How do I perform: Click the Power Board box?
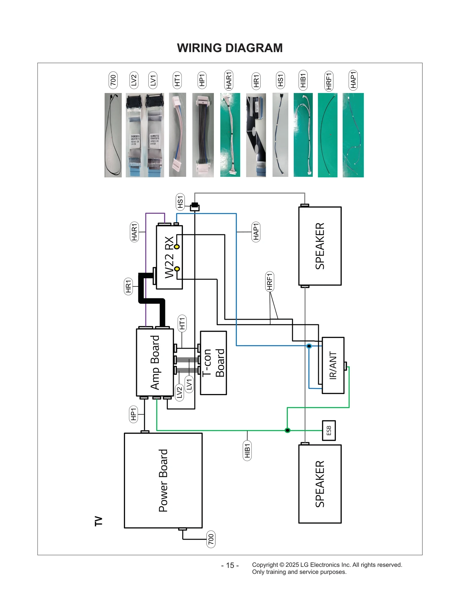(163, 480)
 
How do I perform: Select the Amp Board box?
(155, 362)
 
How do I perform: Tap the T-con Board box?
(213, 363)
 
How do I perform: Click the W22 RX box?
(169, 257)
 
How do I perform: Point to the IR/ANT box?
(333, 365)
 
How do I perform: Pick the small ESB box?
(329, 430)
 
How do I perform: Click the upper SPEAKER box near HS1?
(320, 246)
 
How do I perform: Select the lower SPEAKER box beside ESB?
(320, 484)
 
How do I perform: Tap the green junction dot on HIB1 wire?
(287, 430)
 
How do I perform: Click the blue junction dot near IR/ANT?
(309, 346)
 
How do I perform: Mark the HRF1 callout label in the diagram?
(269, 281)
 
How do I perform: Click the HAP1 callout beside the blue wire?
(256, 232)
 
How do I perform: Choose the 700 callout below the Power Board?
(211, 539)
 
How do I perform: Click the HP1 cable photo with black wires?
(203, 135)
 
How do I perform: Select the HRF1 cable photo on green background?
(327, 135)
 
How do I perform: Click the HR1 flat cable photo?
(256, 135)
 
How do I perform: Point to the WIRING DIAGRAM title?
(230, 48)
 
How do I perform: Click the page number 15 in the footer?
(230, 565)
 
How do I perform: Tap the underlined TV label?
(98, 521)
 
